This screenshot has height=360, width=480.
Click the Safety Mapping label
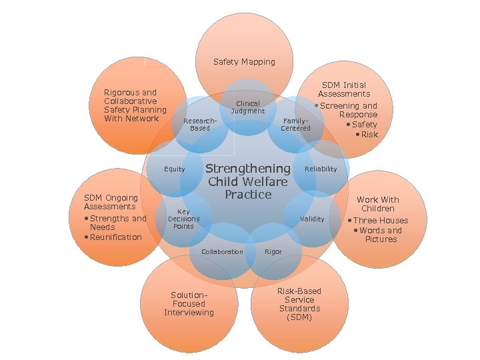[244, 62]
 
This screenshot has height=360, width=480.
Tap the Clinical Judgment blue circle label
[247, 107]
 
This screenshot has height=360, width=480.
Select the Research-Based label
[199, 124]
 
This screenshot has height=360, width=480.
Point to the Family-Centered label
[295, 124]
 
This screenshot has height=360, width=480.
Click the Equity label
[175, 169]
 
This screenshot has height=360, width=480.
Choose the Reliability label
[321, 169]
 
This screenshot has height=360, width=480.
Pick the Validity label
[312, 219]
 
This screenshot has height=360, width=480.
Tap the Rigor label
[273, 252]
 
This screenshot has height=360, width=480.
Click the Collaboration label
[222, 252]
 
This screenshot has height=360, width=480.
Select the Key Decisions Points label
[183, 219]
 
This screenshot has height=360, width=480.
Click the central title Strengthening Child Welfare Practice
[248, 181]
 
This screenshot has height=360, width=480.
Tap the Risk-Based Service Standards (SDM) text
[299, 304]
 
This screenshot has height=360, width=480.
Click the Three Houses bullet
[381, 221]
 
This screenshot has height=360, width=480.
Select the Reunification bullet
[113, 237]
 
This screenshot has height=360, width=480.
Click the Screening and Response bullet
[349, 110]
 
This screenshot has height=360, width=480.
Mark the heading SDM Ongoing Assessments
[111, 202]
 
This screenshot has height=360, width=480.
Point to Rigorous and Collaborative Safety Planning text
[135, 105]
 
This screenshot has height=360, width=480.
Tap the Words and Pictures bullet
[381, 235]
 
